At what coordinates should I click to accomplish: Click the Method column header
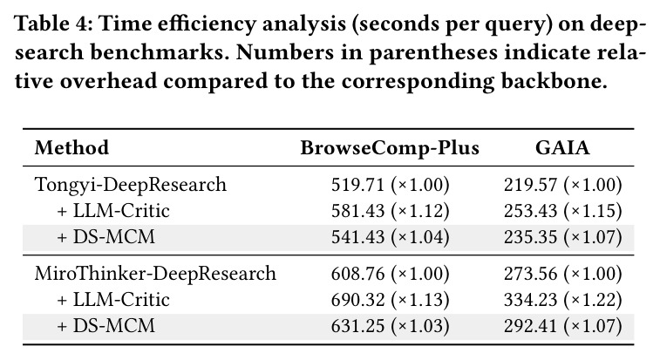pos(71,148)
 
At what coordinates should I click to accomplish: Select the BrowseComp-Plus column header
pos(390,148)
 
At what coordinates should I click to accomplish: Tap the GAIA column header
pos(562,148)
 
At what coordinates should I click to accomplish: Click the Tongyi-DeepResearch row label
pos(131,185)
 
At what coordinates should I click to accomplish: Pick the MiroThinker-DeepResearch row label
pos(155,273)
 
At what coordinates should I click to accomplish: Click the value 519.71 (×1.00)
pos(391,185)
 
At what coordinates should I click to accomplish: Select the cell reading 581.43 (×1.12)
pos(391,211)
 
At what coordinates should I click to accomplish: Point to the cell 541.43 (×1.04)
pos(391,236)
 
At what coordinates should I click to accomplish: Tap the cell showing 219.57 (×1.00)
pos(562,185)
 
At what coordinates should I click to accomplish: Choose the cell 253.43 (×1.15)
pos(562,211)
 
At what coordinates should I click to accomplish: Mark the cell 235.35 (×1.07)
pos(562,236)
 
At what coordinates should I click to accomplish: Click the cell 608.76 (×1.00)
pos(391,274)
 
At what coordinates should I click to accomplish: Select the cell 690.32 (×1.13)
pos(391,300)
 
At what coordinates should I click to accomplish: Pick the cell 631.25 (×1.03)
pos(391,325)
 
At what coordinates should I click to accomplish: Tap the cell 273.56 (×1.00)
pos(562,274)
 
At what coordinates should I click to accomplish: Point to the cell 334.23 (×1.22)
pos(562,300)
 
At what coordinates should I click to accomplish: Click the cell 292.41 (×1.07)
pos(562,325)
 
